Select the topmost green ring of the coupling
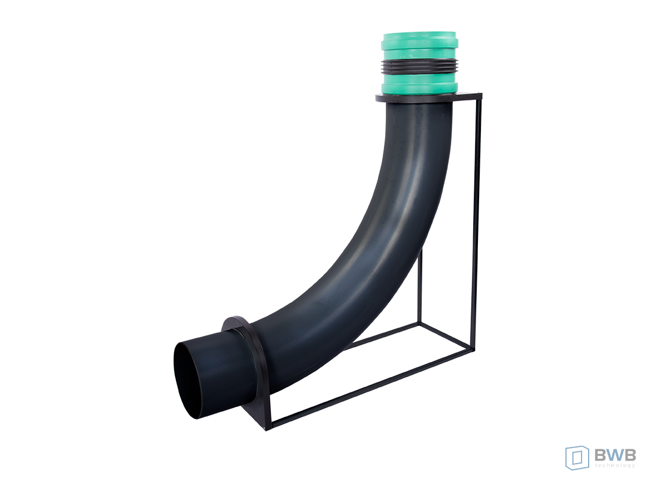pyautogui.click(x=419, y=40)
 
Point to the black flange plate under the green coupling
pyautogui.click(x=428, y=98)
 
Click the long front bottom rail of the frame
pyautogui.click(x=372, y=388)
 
